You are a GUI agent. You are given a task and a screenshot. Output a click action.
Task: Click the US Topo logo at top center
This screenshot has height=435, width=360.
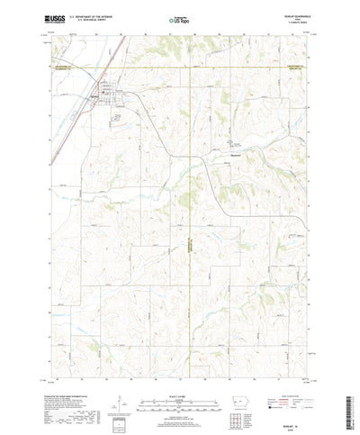[180, 19]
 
